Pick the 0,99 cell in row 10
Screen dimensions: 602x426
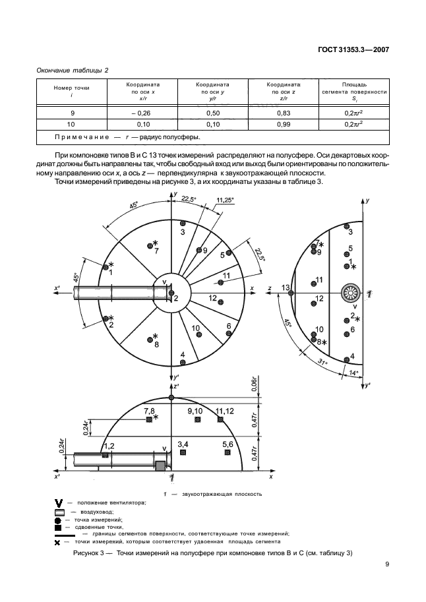(284, 124)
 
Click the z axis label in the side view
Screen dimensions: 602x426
(270, 289)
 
